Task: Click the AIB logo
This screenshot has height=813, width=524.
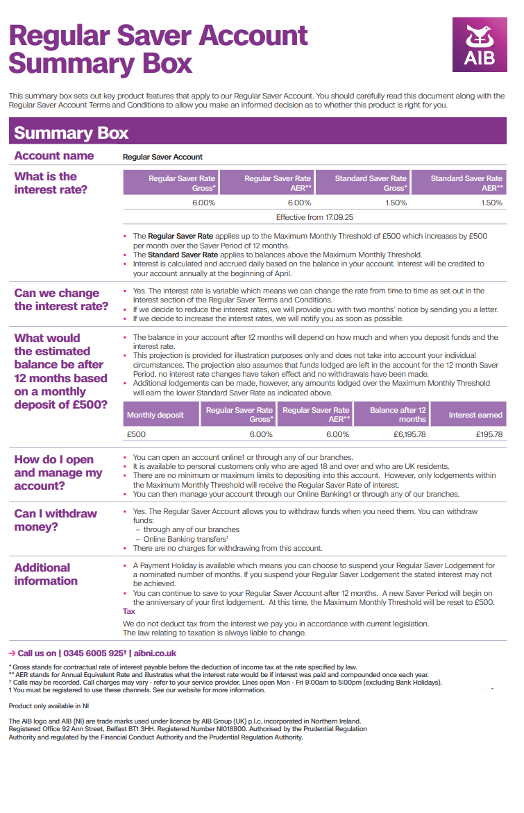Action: tap(480, 44)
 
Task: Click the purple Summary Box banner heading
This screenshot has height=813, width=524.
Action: tap(71, 133)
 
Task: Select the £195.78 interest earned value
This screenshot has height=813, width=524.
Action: tap(489, 434)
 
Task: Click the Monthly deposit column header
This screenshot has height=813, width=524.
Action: tap(155, 415)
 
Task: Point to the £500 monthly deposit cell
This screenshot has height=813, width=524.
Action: tap(137, 434)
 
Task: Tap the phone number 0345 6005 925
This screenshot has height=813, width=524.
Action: tap(92, 653)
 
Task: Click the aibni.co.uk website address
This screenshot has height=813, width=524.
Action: tap(155, 653)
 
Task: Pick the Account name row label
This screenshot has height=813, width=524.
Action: tap(54, 156)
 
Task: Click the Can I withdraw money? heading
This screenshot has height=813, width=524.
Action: tap(56, 520)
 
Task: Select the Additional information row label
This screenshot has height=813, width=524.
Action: tap(46, 574)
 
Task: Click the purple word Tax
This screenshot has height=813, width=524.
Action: tap(129, 611)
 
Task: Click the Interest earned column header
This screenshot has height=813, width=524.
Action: tap(475, 415)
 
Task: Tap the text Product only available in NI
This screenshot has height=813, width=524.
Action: tap(49, 705)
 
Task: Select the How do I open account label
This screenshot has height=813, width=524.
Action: tap(58, 472)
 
